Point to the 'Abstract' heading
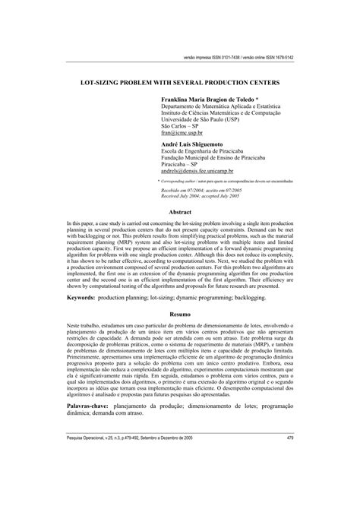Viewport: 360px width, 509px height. (179, 212)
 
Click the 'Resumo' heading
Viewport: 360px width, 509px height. (179, 334)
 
